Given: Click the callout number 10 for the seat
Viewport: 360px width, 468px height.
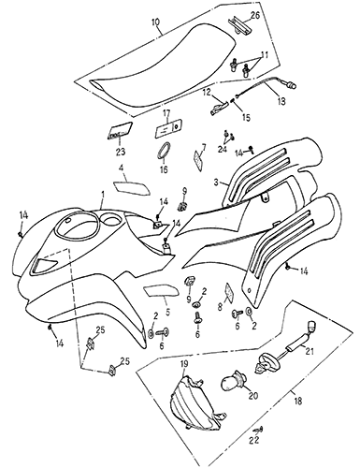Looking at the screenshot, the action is point(155,22).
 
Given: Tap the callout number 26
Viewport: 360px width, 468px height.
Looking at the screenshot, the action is point(255,16).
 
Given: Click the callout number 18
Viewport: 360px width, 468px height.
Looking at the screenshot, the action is point(298,401).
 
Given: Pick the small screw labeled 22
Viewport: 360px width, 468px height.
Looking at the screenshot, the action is point(259,430).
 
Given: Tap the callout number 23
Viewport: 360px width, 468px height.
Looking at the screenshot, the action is point(120,152).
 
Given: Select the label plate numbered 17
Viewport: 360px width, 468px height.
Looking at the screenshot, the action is point(168,128).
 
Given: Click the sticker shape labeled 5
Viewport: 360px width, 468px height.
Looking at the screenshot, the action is point(162,290).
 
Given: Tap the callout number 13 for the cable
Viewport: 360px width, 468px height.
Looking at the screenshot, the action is point(281,101).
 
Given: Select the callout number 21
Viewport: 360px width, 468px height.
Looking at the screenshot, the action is point(310,351).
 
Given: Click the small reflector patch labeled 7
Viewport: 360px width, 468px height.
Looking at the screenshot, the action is point(198,160).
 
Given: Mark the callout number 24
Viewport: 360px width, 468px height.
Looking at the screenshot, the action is point(223,150).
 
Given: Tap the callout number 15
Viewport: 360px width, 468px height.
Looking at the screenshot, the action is point(246,117).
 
